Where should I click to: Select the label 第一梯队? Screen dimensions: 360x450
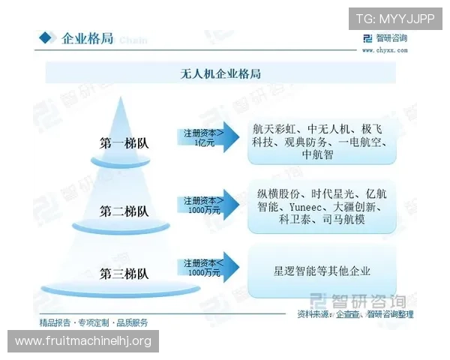pos(124,142)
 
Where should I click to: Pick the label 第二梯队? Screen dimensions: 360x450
pos(124,211)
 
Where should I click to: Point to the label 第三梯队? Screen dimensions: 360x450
pos(124,273)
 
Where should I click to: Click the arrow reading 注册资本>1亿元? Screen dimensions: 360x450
pos(206,136)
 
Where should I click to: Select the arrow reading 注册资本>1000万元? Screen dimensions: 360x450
pos(206,205)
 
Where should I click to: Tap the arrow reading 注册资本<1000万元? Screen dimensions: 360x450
pos(206,268)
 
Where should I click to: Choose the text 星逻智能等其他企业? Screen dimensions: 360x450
pos(322,270)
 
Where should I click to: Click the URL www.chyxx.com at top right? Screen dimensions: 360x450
pos(385,50)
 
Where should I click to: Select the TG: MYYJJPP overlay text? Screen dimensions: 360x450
pos(395,19)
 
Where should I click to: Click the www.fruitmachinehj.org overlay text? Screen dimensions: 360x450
pos(83,341)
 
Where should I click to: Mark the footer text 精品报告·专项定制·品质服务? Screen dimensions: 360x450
pos(94,322)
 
